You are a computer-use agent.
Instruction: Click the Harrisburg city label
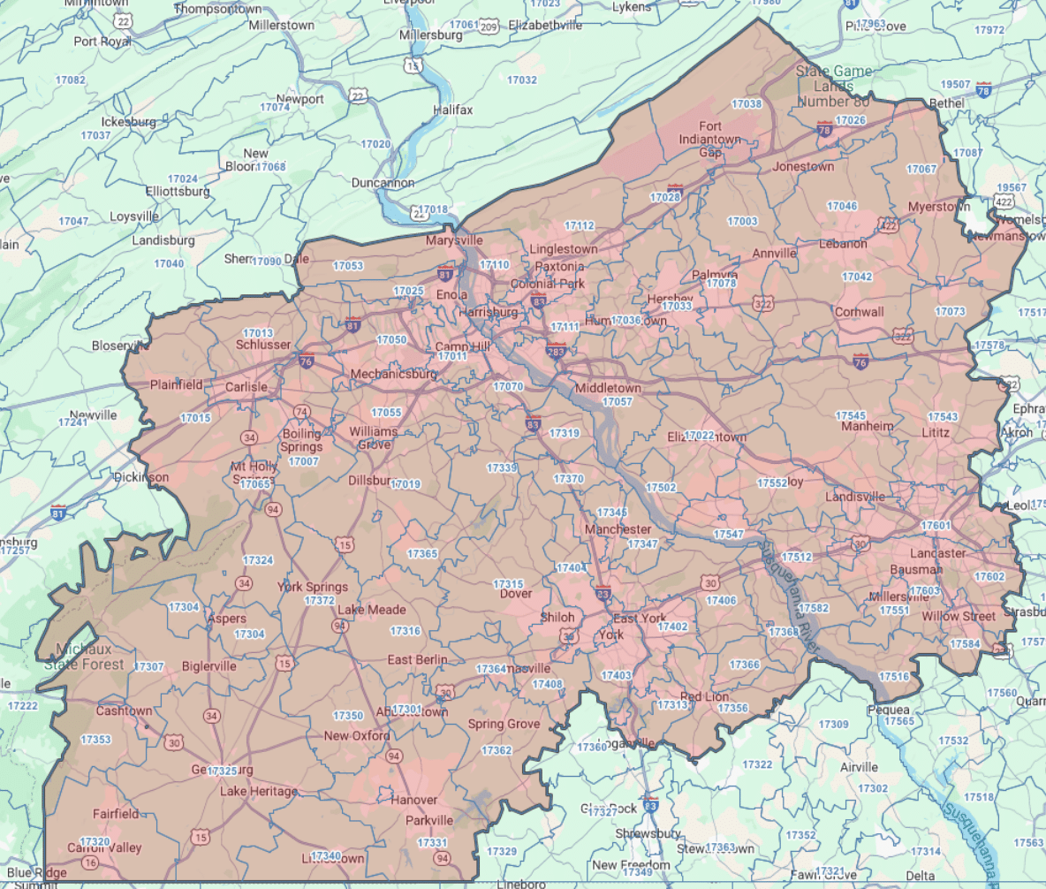(x=489, y=313)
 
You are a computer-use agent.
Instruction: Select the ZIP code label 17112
(x=580, y=226)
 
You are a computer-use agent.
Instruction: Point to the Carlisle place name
(x=246, y=387)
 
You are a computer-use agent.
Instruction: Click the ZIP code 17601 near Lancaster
(x=935, y=526)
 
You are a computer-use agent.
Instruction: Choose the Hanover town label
(x=414, y=800)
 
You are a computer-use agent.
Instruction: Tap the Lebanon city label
(x=843, y=243)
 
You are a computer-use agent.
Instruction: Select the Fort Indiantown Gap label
(x=711, y=140)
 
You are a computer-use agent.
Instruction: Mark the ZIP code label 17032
(x=522, y=80)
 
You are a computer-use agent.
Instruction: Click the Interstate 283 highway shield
(x=557, y=351)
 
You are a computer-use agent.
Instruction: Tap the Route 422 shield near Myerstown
(x=889, y=226)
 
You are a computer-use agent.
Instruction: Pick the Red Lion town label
(x=704, y=696)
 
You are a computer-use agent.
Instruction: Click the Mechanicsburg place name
(x=393, y=374)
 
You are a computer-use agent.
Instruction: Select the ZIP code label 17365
(x=422, y=554)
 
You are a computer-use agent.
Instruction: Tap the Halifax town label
(x=452, y=110)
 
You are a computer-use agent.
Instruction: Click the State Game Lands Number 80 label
(x=833, y=86)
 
